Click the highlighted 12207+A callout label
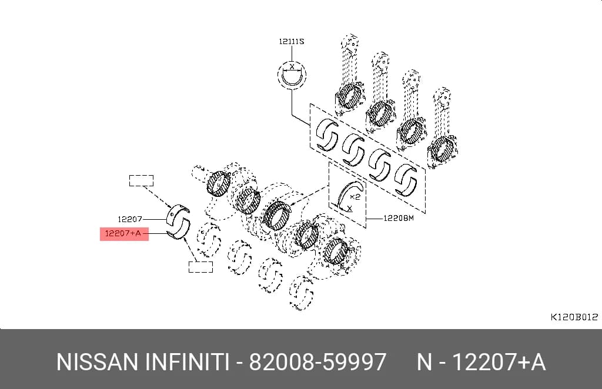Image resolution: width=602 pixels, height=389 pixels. click(124, 234)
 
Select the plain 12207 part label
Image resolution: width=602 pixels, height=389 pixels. click(130, 219)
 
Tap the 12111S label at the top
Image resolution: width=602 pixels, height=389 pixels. click(292, 42)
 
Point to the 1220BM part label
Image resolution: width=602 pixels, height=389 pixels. click(399, 218)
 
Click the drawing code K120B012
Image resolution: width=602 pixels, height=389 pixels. click(574, 317)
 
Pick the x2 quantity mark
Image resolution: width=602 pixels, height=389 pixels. click(355, 197)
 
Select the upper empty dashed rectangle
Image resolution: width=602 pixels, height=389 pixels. click(141, 180)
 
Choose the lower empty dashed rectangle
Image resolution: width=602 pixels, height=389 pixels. click(200, 267)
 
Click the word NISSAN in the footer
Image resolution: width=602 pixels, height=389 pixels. click(97, 362)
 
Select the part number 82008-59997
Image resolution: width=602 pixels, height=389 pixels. click(318, 362)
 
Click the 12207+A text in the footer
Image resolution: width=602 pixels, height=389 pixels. click(499, 362)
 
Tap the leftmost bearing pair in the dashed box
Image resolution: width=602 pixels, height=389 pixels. click(327, 135)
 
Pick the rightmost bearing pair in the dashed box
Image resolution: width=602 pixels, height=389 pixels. click(407, 180)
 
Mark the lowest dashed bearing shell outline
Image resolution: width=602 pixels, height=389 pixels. click(302, 293)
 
